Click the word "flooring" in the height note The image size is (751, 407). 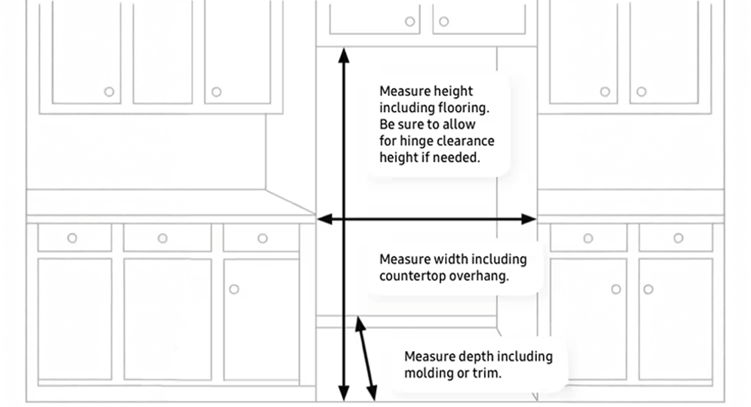pos(461,108)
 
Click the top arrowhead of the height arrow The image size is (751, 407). pos(343,54)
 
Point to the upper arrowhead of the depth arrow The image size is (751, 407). pos(359,323)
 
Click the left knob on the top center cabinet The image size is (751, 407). pos(410,21)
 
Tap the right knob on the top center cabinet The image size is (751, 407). pos(444,21)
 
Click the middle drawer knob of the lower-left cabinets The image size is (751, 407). pos(163,238)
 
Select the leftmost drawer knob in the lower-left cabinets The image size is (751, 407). pos(72,238)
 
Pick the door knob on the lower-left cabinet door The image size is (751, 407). pos(233,289)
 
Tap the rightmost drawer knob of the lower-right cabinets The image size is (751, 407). pos(678,238)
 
